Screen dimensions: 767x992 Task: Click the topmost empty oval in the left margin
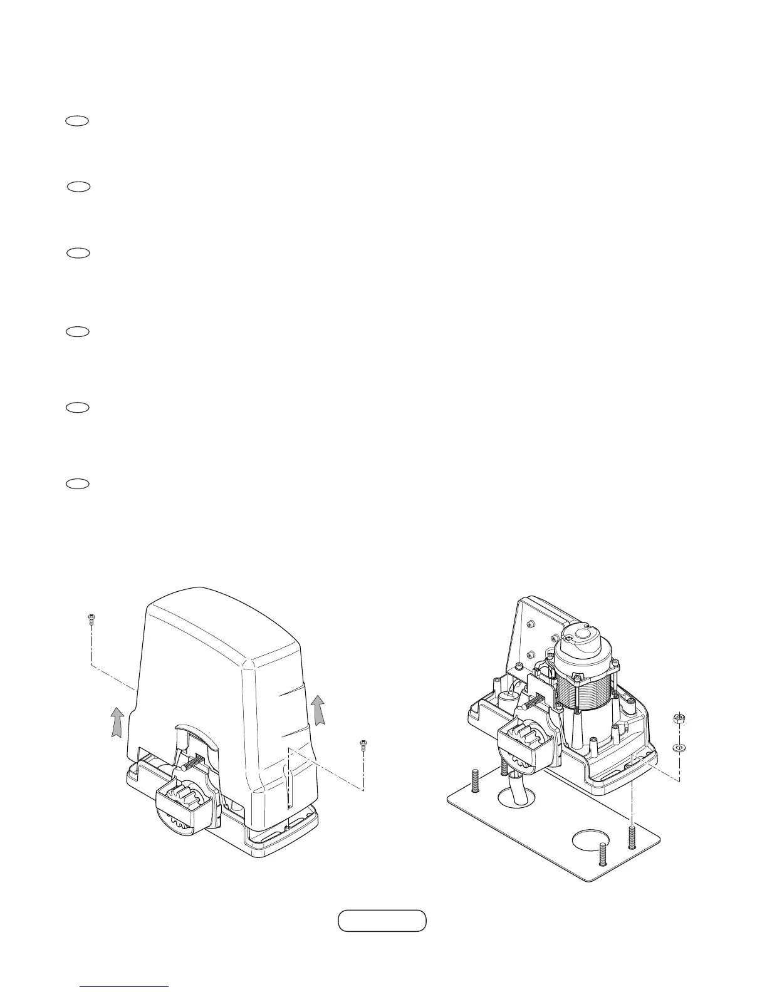[77, 121]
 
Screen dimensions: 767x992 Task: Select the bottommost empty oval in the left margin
[77, 483]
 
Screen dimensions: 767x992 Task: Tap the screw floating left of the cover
[91, 619]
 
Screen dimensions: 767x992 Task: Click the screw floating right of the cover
[363, 745]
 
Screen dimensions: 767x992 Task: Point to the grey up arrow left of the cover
[116, 721]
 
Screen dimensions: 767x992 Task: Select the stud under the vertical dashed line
[633, 837]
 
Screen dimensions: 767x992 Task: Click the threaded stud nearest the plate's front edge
[603, 854]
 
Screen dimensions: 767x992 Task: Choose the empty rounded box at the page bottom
[382, 921]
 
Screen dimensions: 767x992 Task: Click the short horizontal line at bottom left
[124, 986]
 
